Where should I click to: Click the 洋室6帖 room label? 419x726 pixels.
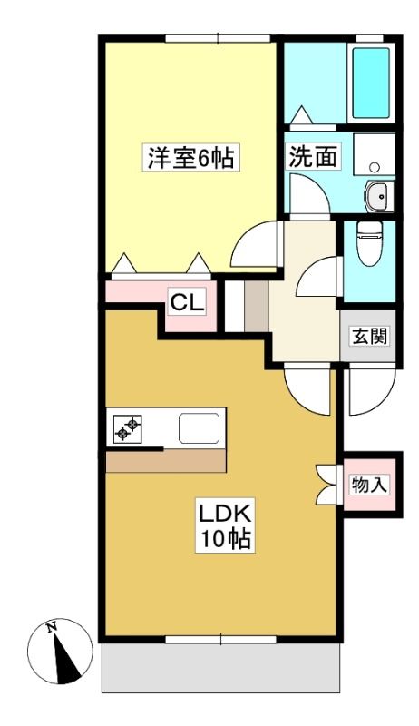coord(190,158)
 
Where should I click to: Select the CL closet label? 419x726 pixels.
coord(187,303)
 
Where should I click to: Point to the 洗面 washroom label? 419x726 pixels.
coord(313,157)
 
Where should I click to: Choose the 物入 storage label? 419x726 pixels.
coord(368,485)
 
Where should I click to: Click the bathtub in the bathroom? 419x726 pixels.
coord(371,83)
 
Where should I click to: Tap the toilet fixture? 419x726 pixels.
coord(369,243)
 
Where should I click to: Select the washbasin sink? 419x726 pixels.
coord(380,196)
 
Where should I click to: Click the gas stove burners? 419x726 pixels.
coord(128,428)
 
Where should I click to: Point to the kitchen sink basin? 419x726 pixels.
coord(199,428)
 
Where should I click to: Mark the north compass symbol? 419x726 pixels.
coord(60,651)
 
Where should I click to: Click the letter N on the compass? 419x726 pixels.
coord(52,627)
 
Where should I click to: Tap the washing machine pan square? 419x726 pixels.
coord(375,154)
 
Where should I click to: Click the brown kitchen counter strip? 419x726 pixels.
coord(166,461)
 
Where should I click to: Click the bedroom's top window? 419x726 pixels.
coord(218,38)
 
